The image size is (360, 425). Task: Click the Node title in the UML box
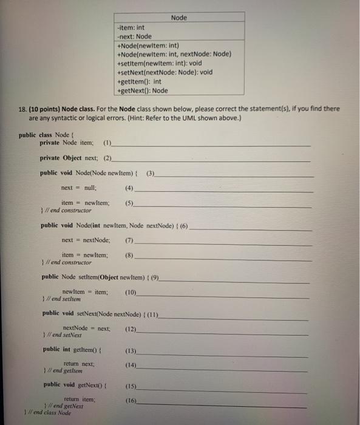(178, 18)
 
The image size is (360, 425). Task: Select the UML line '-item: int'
(131, 27)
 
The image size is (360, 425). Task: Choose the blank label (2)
(107, 158)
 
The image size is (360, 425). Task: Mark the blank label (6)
(182, 226)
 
